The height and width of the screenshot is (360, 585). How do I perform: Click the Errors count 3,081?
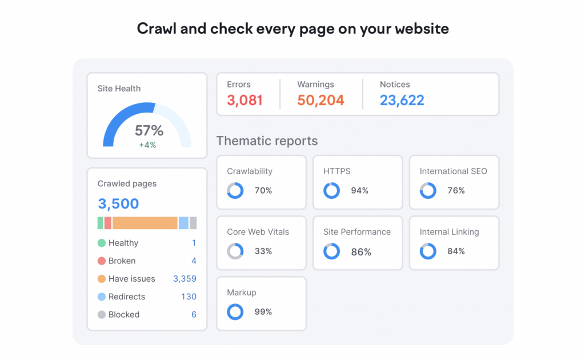pos(245,101)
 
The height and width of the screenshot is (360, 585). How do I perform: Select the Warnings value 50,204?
pos(320,101)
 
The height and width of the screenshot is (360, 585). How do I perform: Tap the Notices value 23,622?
pos(402,101)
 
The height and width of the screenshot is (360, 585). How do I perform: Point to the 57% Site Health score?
pos(149,130)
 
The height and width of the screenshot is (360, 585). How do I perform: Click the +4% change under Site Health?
pos(147,145)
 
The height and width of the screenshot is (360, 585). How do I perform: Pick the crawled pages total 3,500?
pos(118,204)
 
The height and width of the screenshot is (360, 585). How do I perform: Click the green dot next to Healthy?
pos(102,243)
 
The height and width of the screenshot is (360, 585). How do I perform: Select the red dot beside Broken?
pos(102,261)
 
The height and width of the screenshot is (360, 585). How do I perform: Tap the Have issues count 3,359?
pos(185,279)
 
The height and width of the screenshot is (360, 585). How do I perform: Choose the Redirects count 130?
pos(189,297)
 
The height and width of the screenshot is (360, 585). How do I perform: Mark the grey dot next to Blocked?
pos(102,314)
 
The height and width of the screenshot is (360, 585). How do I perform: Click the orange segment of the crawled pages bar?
pos(145,223)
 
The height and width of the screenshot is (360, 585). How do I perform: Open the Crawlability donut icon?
pos(235,191)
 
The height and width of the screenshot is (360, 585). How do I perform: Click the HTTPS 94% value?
pos(360,191)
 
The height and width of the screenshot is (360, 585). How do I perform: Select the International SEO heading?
pos(453,171)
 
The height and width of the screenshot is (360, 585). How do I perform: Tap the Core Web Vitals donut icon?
pos(235,251)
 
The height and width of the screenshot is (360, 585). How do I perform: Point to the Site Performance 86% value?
pos(361,251)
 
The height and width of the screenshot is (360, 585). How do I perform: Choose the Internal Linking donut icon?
pos(428,251)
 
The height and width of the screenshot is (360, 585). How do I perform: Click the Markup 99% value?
pos(263,312)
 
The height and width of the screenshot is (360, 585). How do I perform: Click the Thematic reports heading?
pos(267,141)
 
